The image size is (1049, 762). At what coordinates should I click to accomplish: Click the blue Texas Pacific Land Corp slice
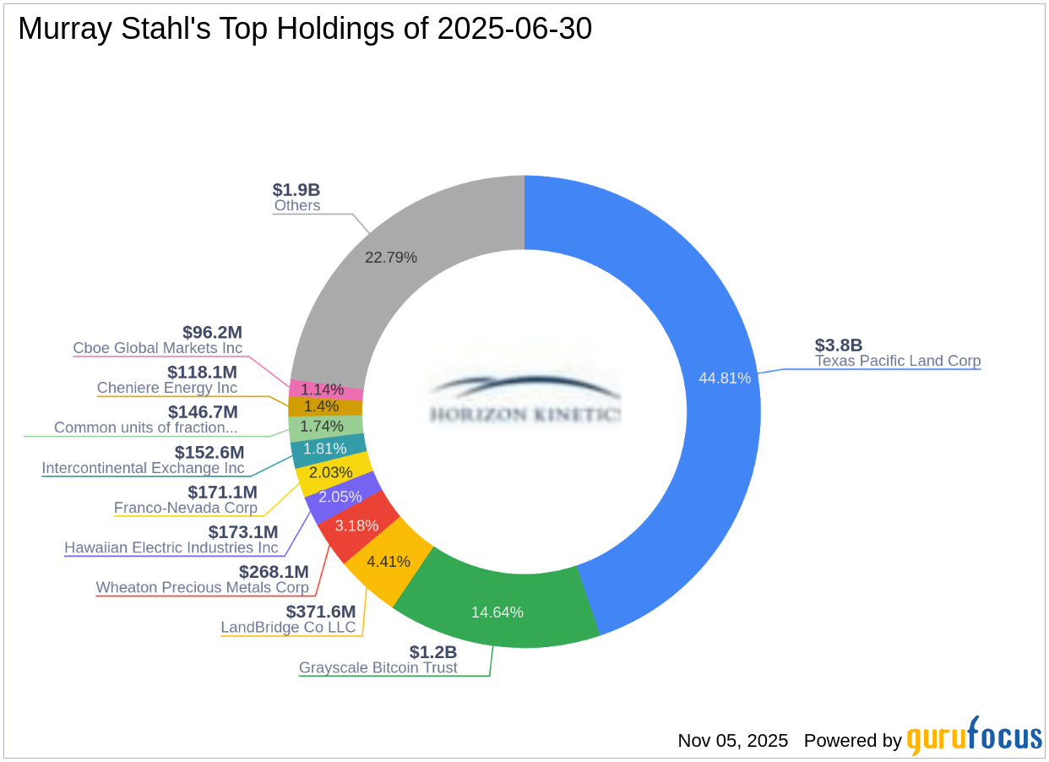point(693,321)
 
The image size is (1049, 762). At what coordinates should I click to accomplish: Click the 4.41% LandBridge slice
point(389,562)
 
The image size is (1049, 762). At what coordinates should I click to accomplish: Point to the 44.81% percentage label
point(724,378)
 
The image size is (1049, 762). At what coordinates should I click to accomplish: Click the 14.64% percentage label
point(497,612)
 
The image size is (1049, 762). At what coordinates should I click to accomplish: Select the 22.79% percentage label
point(390,257)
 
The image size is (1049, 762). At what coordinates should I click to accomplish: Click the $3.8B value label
point(838,345)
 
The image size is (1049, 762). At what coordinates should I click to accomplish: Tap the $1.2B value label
point(433,652)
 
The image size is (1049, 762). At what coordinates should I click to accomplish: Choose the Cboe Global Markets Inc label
point(157,348)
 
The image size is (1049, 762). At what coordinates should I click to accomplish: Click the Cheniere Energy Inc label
point(167,388)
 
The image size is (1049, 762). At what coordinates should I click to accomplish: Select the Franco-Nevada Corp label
point(186,508)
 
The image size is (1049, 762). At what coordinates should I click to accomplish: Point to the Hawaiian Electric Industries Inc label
point(171,547)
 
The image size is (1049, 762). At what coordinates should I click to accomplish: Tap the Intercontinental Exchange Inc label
point(143,468)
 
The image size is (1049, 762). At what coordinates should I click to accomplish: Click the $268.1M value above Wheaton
point(274,572)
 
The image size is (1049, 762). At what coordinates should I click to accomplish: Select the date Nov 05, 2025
point(732,741)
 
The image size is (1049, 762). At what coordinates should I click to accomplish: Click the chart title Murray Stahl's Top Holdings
point(305,29)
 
